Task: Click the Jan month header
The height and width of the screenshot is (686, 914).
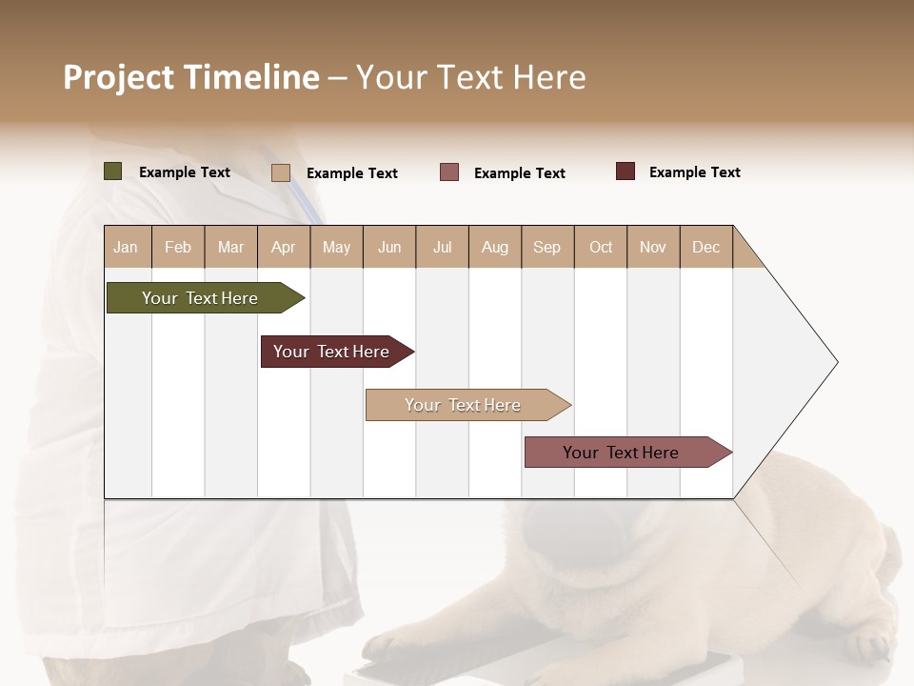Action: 126,247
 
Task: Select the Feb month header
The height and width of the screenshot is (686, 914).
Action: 178,247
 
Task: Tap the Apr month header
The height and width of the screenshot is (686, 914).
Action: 283,247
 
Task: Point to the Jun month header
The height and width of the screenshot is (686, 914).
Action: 389,247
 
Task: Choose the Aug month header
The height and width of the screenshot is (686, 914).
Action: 494,247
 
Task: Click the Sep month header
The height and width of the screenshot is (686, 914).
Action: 546,247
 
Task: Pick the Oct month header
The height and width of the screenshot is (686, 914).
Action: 601,247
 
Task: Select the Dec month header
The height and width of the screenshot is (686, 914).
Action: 705,247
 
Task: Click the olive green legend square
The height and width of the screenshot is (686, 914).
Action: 112,171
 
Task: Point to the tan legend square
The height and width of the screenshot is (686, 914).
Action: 280,172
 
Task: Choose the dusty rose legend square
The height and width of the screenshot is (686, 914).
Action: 449,172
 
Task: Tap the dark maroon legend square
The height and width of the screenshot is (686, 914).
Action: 625,171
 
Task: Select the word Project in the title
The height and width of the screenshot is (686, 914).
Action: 119,77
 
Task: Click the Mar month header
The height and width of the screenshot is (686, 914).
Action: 230,247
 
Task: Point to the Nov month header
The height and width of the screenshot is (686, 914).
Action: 652,247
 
